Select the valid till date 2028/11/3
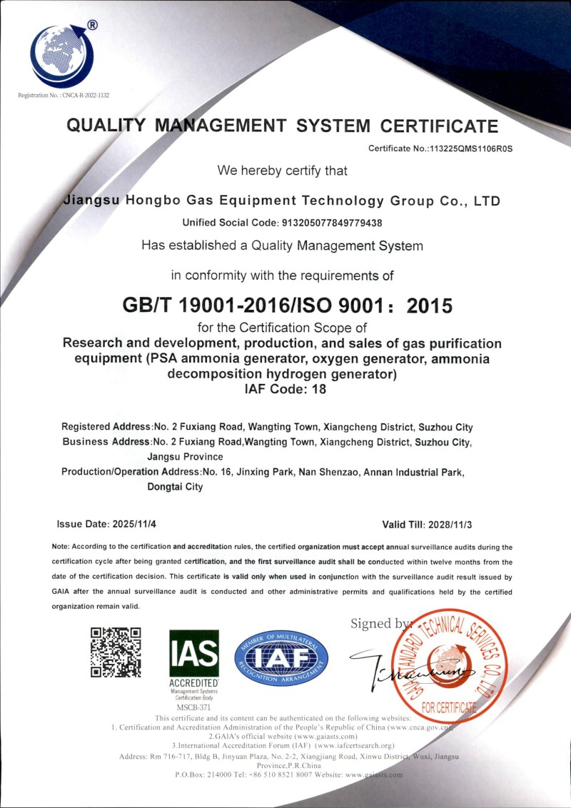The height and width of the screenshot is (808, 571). [x=450, y=525]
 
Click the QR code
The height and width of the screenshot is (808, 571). [x=116, y=652]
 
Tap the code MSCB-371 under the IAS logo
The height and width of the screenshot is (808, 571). [x=193, y=707]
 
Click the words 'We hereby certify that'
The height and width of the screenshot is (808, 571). [x=283, y=171]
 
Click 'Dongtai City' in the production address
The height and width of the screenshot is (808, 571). [x=175, y=488]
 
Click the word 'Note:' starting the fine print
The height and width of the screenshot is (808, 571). [x=61, y=547]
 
